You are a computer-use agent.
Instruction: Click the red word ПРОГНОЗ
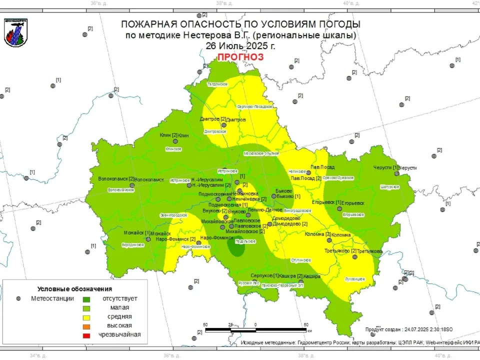(x=239, y=57)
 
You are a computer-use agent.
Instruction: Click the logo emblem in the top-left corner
(x=15, y=32)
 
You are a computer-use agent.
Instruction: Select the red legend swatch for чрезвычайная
(x=86, y=335)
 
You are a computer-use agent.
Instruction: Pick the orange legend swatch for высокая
(x=86, y=326)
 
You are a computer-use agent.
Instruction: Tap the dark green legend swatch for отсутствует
(x=86, y=298)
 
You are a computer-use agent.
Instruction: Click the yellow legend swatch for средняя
(x=86, y=317)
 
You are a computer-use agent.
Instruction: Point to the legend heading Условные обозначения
(x=74, y=289)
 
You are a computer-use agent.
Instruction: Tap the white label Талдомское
(x=217, y=84)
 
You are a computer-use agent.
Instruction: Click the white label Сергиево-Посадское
(x=254, y=106)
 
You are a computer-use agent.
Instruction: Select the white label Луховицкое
(x=355, y=278)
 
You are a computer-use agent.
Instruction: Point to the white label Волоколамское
(x=121, y=190)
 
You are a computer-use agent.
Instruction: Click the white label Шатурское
(x=389, y=187)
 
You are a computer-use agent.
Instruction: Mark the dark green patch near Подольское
(x=235, y=247)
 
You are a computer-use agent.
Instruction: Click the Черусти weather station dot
(x=396, y=173)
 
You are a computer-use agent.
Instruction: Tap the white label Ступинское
(x=301, y=260)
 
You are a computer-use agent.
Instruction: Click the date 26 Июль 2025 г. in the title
(x=240, y=45)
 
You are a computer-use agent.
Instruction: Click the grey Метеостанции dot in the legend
(x=18, y=298)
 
